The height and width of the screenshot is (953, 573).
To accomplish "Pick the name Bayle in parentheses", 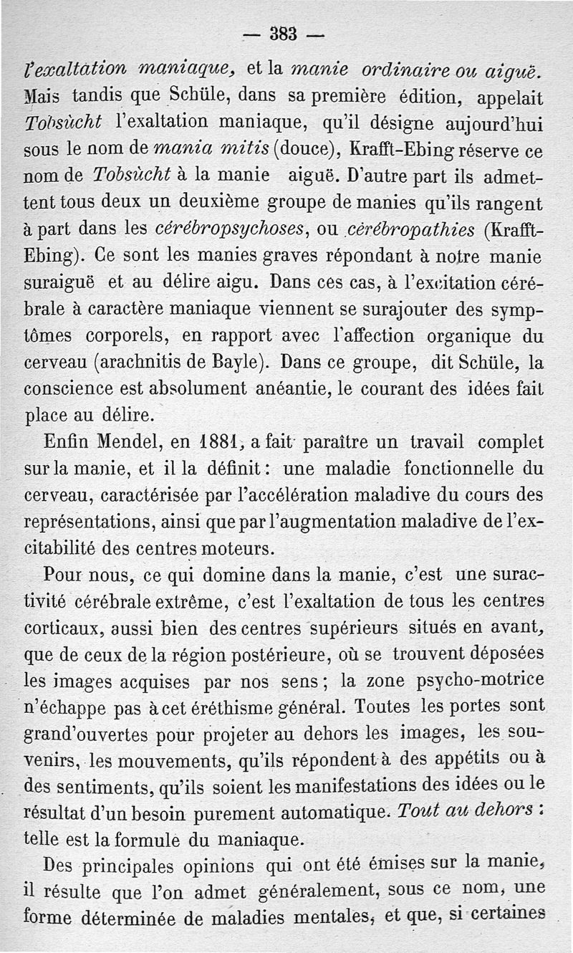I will coord(237,361).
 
